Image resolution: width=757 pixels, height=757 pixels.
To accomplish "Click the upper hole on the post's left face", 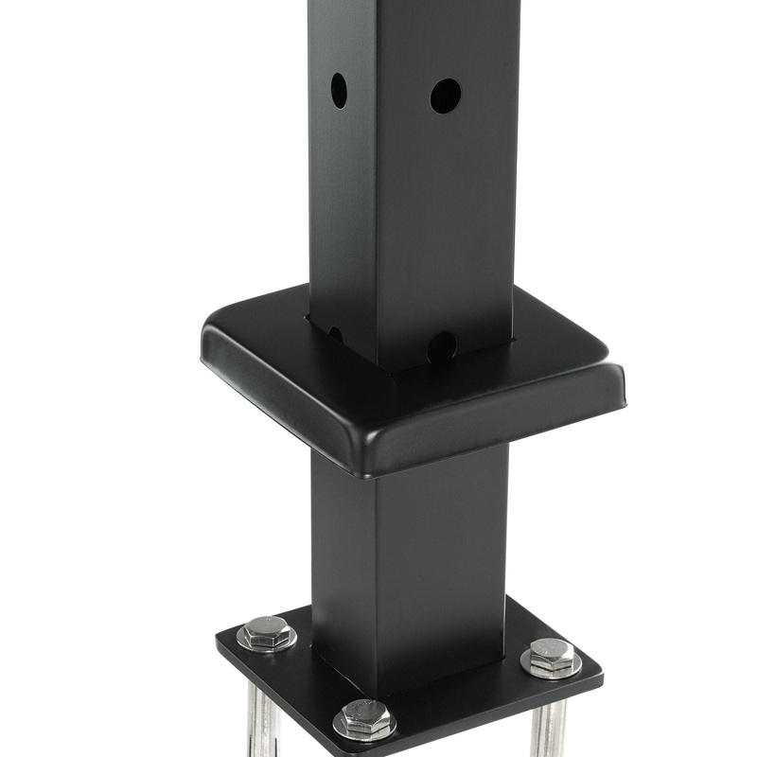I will tap(339, 90).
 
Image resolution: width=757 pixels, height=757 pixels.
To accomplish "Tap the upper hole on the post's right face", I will tap(445, 96).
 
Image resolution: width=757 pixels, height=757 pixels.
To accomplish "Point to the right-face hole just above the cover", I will tap(441, 346).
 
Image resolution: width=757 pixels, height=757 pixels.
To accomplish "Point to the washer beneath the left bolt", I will tap(266, 643).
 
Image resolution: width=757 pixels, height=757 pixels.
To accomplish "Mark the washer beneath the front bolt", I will tap(365, 730).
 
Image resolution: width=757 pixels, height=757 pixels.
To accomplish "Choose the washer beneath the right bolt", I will tap(551, 667).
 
